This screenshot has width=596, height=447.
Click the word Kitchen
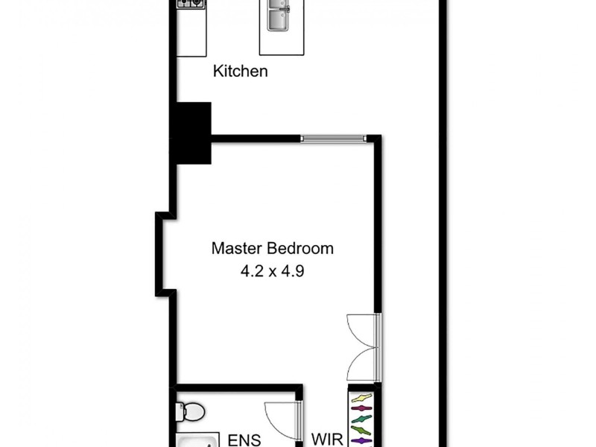(x=240, y=72)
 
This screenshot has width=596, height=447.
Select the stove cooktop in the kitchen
(x=191, y=4)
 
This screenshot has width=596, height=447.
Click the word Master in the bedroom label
(x=237, y=248)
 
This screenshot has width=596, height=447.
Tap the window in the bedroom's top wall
(x=333, y=138)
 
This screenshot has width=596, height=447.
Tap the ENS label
(x=244, y=440)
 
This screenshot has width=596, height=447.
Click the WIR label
(x=326, y=440)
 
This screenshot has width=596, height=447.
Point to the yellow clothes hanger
(x=361, y=398)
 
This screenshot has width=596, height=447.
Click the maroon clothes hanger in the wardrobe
(x=361, y=409)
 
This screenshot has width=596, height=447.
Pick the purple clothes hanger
(x=361, y=441)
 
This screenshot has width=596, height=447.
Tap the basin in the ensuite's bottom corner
(x=198, y=441)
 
